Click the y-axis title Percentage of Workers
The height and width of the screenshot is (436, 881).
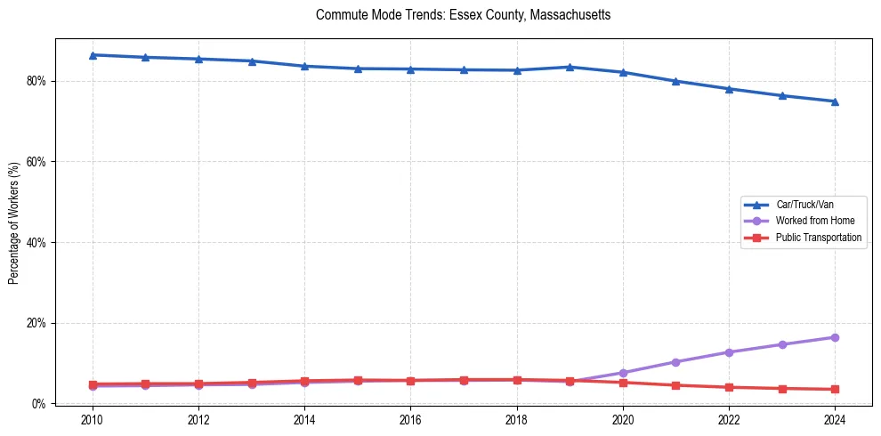click(x=14, y=222)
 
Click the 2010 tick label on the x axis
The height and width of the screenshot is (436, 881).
click(x=93, y=419)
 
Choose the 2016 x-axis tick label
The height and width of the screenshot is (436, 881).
click(x=410, y=419)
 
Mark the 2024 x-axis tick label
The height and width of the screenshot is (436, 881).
click(x=835, y=419)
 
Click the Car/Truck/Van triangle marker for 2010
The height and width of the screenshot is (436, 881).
click(x=93, y=55)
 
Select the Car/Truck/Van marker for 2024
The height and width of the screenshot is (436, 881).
click(x=835, y=101)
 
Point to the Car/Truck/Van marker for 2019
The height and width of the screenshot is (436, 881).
click(x=570, y=67)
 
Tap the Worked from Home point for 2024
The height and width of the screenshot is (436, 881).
click(x=835, y=337)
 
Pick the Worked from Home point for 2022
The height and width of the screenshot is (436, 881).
click(x=729, y=352)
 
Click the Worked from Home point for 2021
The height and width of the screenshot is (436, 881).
click(x=675, y=362)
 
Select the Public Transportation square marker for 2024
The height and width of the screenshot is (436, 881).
click(x=835, y=389)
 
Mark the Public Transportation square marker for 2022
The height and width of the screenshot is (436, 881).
click(x=729, y=387)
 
